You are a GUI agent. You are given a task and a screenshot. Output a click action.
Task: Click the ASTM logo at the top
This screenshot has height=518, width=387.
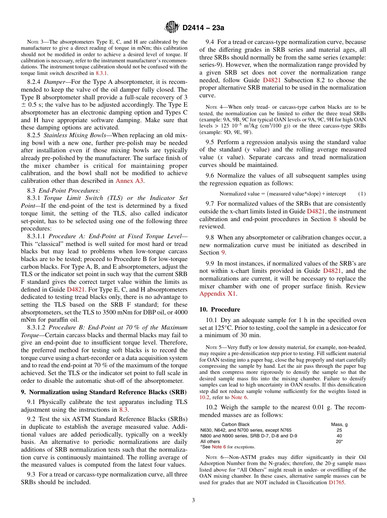(x=171, y=27)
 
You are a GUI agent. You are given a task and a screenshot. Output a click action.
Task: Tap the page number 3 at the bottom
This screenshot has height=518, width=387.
(x=193, y=500)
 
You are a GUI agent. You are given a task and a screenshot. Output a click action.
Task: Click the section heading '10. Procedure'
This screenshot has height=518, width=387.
(x=220, y=309)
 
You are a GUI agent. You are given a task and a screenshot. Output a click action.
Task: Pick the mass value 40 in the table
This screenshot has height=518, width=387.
(x=339, y=435)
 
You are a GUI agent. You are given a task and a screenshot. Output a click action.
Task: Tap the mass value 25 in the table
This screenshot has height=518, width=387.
(x=339, y=430)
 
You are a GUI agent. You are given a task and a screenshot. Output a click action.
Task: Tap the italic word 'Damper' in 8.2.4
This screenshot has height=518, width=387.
(x=55, y=82)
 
